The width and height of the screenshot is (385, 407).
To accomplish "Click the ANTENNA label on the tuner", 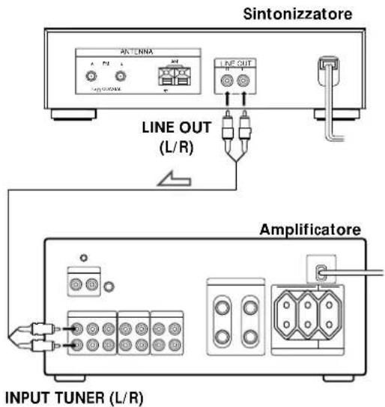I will (136, 52).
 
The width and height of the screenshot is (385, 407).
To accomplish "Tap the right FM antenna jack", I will (121, 76).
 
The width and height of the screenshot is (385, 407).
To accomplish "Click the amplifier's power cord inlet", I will (319, 273).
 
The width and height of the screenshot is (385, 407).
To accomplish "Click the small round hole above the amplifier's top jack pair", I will (83, 258).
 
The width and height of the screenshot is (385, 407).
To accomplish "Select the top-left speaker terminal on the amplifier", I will (222, 307).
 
